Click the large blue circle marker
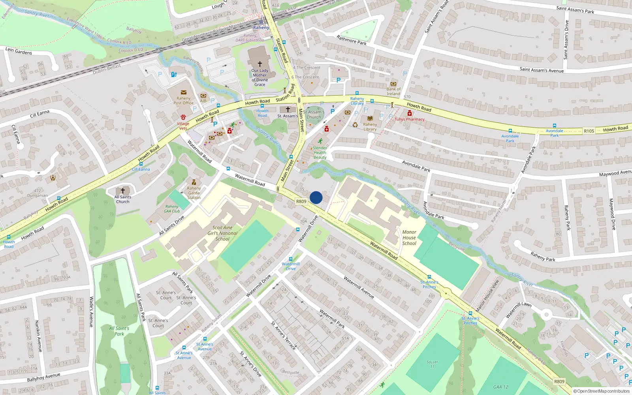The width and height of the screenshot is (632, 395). click(316, 197)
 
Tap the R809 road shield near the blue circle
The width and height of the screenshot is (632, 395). click(301, 201)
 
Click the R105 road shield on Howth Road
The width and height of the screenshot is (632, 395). click(589, 131)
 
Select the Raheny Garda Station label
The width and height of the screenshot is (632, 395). click(194, 193)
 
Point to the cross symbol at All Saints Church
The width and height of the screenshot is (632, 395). click(123, 191)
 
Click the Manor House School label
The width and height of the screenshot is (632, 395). click(409, 238)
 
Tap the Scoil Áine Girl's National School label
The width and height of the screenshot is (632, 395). click(222, 233)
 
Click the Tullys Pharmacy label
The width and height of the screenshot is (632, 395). click(409, 119)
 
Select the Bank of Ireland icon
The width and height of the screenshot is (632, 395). click(393, 84)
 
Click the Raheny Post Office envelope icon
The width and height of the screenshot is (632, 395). click(184, 92)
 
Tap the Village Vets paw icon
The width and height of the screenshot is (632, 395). click(183, 117)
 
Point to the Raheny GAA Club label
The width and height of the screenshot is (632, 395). click(172, 209)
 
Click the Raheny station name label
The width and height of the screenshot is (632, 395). click(261, 28)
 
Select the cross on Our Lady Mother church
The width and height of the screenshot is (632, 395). click(260, 64)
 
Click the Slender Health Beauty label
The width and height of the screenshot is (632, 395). click(320, 152)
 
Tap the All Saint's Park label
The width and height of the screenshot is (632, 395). click(119, 331)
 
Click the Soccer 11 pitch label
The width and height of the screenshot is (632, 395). click(432, 364)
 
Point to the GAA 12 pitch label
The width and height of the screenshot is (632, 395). click(500, 387)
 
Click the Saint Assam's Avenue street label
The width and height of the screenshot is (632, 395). click(542, 70)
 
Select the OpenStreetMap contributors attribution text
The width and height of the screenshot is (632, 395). click(601, 391)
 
